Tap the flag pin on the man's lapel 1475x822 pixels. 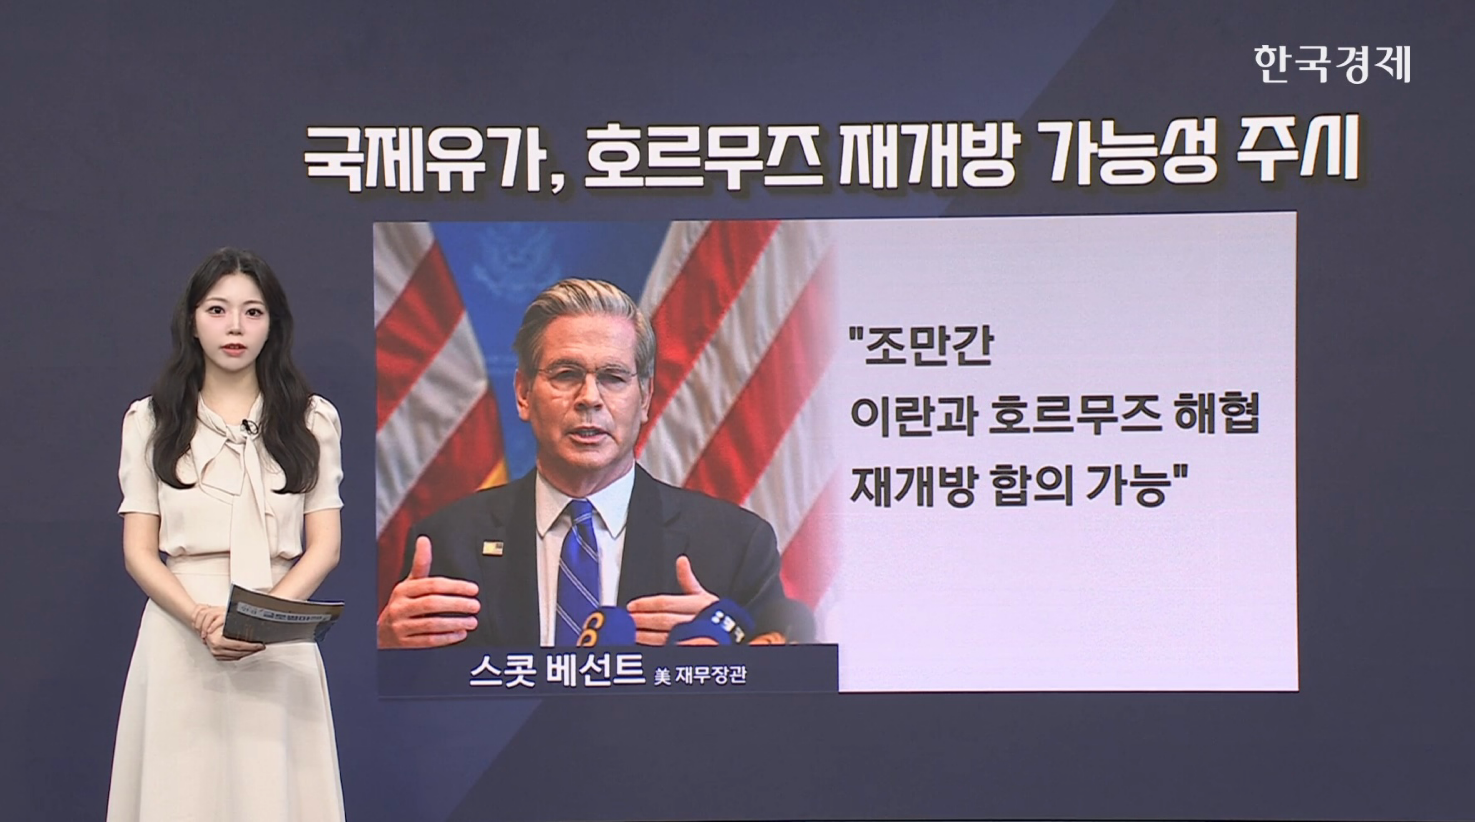pyautogui.click(x=492, y=548)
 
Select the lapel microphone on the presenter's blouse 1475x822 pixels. pyautogui.click(x=248, y=426)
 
